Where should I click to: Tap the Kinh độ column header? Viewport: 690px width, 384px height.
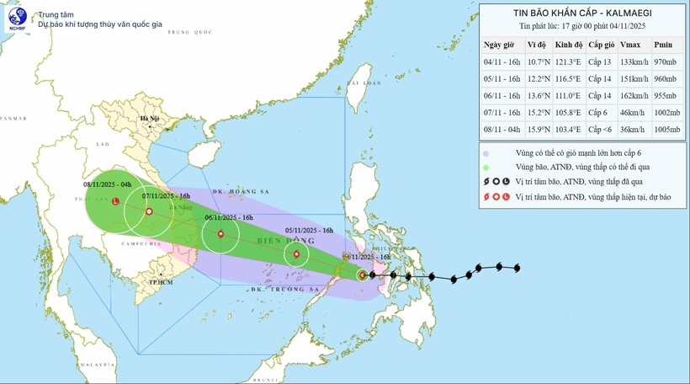click(569, 43)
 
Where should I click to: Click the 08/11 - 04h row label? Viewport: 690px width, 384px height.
click(501, 131)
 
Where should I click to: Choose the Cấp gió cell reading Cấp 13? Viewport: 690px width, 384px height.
click(600, 61)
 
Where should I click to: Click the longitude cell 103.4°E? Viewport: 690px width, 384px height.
click(569, 131)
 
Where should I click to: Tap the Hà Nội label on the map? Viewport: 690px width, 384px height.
click(150, 119)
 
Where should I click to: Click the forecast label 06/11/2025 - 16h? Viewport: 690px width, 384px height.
click(229, 217)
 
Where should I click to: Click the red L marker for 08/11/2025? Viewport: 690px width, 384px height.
click(115, 200)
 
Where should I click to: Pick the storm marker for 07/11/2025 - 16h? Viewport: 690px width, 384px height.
click(148, 211)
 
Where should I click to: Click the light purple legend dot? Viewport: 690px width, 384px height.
click(486, 154)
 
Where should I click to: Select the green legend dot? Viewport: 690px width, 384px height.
click(486, 168)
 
